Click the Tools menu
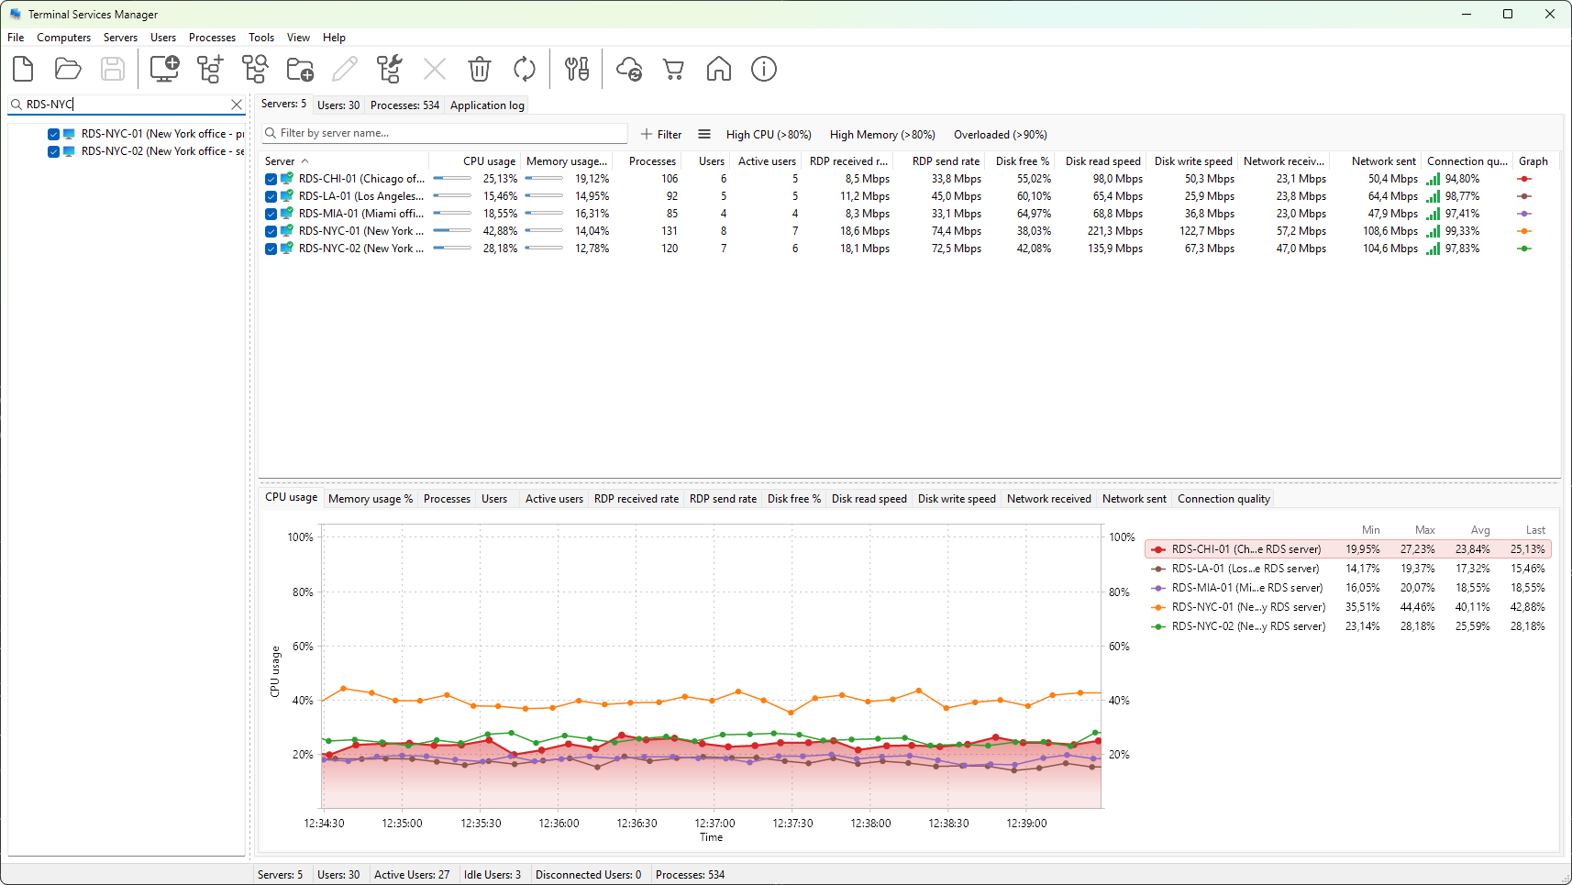click(261, 38)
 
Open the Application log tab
click(487, 105)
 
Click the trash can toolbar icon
click(480, 69)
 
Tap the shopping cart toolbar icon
click(673, 69)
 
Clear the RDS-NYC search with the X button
click(237, 105)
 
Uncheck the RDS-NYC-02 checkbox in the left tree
click(53, 151)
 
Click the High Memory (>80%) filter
click(882, 135)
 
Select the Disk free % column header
click(1022, 161)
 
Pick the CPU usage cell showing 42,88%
click(500, 231)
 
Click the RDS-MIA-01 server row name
click(360, 214)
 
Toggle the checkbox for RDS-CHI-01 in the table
click(271, 179)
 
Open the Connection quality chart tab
click(1223, 499)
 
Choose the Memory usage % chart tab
click(370, 499)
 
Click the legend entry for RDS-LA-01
click(1245, 569)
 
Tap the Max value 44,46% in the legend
click(1417, 607)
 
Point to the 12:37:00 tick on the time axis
click(715, 824)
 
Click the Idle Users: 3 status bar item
click(492, 875)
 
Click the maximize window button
click(1508, 14)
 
